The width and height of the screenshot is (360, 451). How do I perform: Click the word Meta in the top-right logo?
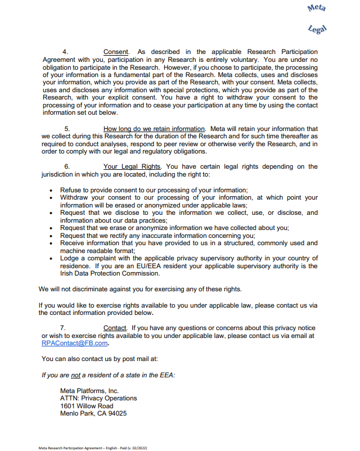(317, 8)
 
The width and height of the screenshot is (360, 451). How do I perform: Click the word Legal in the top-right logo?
(318, 28)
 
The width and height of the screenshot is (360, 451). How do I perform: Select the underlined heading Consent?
(116, 52)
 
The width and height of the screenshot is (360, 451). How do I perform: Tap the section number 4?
(65, 52)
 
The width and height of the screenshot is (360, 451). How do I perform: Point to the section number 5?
(67, 129)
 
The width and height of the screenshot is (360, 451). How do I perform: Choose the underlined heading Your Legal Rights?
(132, 166)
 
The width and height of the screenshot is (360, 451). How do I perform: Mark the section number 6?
(67, 166)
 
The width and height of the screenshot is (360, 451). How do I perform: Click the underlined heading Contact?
(115, 328)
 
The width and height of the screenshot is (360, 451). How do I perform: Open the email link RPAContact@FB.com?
(74, 343)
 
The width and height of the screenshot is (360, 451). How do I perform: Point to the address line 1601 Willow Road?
(87, 406)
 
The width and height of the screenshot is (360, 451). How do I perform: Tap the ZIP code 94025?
(116, 414)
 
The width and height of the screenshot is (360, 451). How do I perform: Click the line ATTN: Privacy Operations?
(98, 398)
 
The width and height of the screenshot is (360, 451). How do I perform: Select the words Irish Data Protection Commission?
(110, 274)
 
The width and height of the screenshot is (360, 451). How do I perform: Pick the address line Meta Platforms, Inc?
(89, 390)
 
